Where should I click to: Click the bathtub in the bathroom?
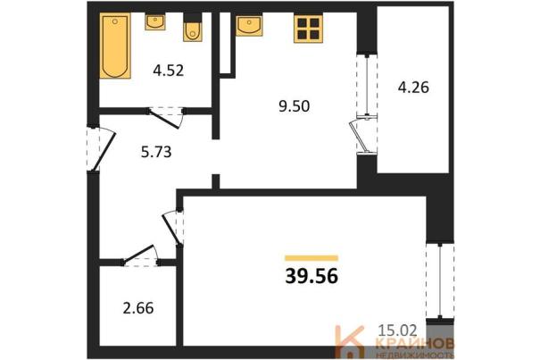(x=115, y=46)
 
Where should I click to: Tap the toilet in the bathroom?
(x=193, y=29)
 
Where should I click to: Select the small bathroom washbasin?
(x=155, y=22)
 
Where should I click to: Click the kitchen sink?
(x=249, y=25)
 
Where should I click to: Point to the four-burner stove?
(x=308, y=29)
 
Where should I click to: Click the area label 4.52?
(x=169, y=71)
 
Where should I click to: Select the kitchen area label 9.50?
(x=295, y=106)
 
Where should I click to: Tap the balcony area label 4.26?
(x=413, y=88)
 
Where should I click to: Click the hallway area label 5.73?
(x=156, y=152)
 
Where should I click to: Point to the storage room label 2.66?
(x=138, y=308)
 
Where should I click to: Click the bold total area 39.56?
(x=312, y=276)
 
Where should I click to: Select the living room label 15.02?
(x=397, y=331)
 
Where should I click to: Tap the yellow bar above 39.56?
(x=312, y=258)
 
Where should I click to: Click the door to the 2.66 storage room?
(x=140, y=255)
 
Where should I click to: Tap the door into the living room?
(x=172, y=228)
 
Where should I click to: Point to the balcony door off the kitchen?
(x=361, y=136)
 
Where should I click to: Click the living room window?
(x=440, y=281)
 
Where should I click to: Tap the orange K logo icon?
(x=350, y=341)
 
